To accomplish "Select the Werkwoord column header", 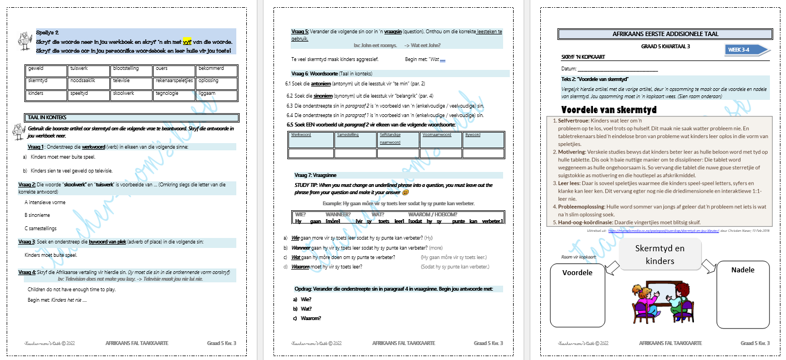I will (x=311, y=135).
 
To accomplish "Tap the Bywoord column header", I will (x=483, y=135).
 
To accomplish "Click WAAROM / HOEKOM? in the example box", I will (x=433, y=215).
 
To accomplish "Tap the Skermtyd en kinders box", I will (x=660, y=255).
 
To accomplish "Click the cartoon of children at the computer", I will (x=660, y=302).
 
